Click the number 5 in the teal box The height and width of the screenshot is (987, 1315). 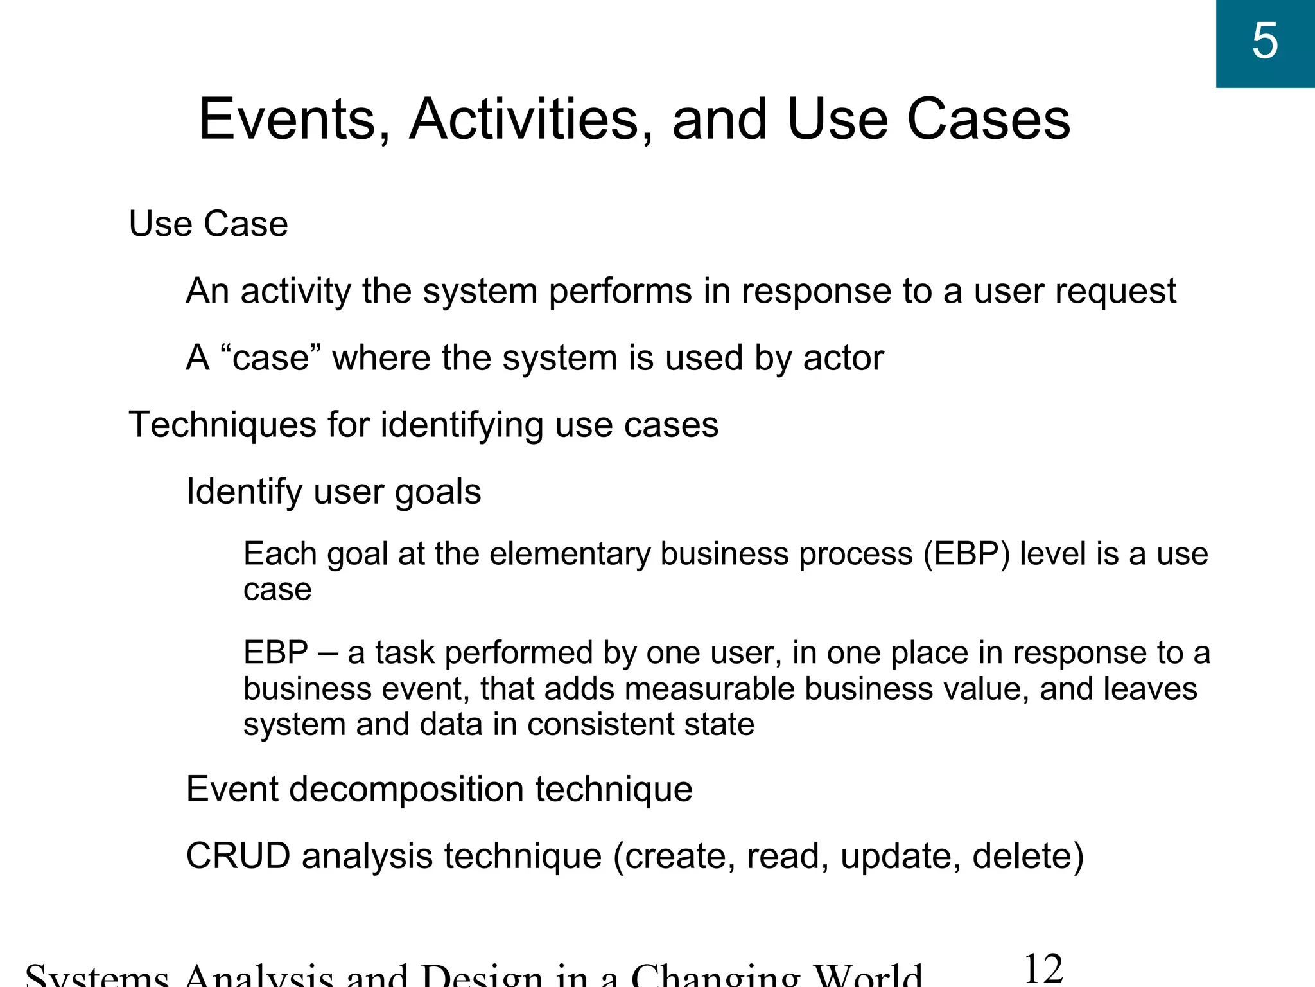click(1265, 42)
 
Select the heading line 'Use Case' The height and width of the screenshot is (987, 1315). click(208, 224)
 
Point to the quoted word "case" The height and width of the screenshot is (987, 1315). click(271, 357)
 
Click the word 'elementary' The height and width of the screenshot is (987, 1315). click(570, 554)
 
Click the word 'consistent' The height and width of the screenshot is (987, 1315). click(601, 724)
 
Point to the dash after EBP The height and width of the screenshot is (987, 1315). click(328, 653)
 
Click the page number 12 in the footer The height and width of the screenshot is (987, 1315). click(1043, 969)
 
